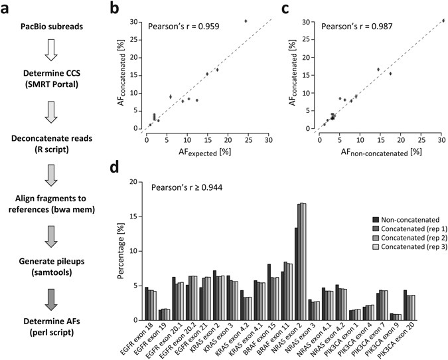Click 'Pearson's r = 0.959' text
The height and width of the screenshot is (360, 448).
192,27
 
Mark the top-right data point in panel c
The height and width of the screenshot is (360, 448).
443,21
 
